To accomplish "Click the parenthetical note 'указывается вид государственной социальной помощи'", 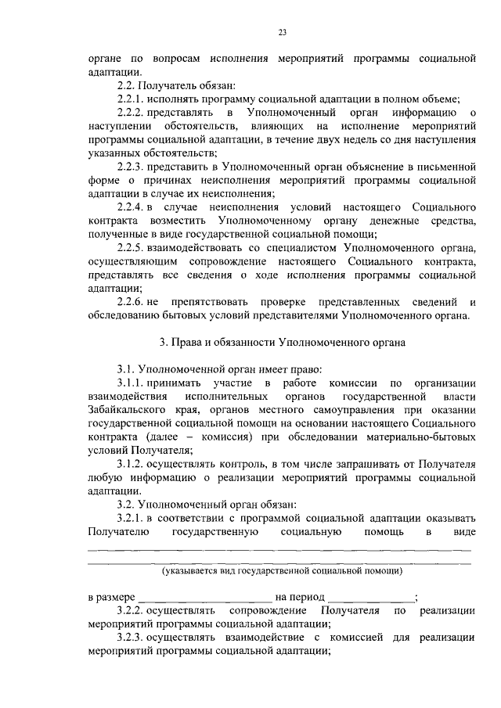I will (x=282, y=572).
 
